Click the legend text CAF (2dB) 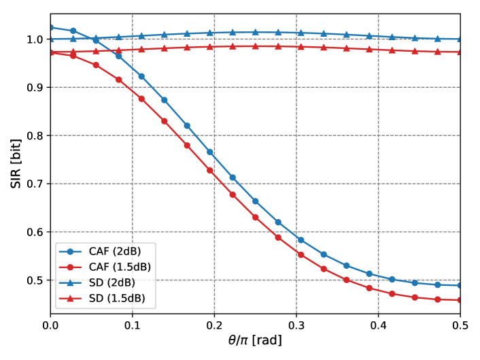[x=115, y=251]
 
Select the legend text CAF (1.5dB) [x=120, y=267]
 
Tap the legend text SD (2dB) [x=112, y=282]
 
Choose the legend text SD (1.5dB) [x=117, y=298]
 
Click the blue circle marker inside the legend [x=70, y=251]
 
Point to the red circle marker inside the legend [x=70, y=267]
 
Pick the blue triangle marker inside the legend [x=70, y=282]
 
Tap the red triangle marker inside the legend [x=70, y=298]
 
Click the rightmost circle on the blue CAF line [x=460, y=285]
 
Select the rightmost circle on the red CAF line [x=460, y=299]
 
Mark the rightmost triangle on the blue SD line [x=460, y=39]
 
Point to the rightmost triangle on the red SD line [x=460, y=52]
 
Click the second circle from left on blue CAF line [x=73, y=31]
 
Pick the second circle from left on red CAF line [x=73, y=55]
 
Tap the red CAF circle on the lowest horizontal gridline [x=346, y=280]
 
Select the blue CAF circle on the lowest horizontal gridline [x=392, y=279]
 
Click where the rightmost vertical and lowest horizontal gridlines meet [x=378, y=280]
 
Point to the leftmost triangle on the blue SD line [x=51, y=39]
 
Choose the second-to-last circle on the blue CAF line [x=437, y=284]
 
